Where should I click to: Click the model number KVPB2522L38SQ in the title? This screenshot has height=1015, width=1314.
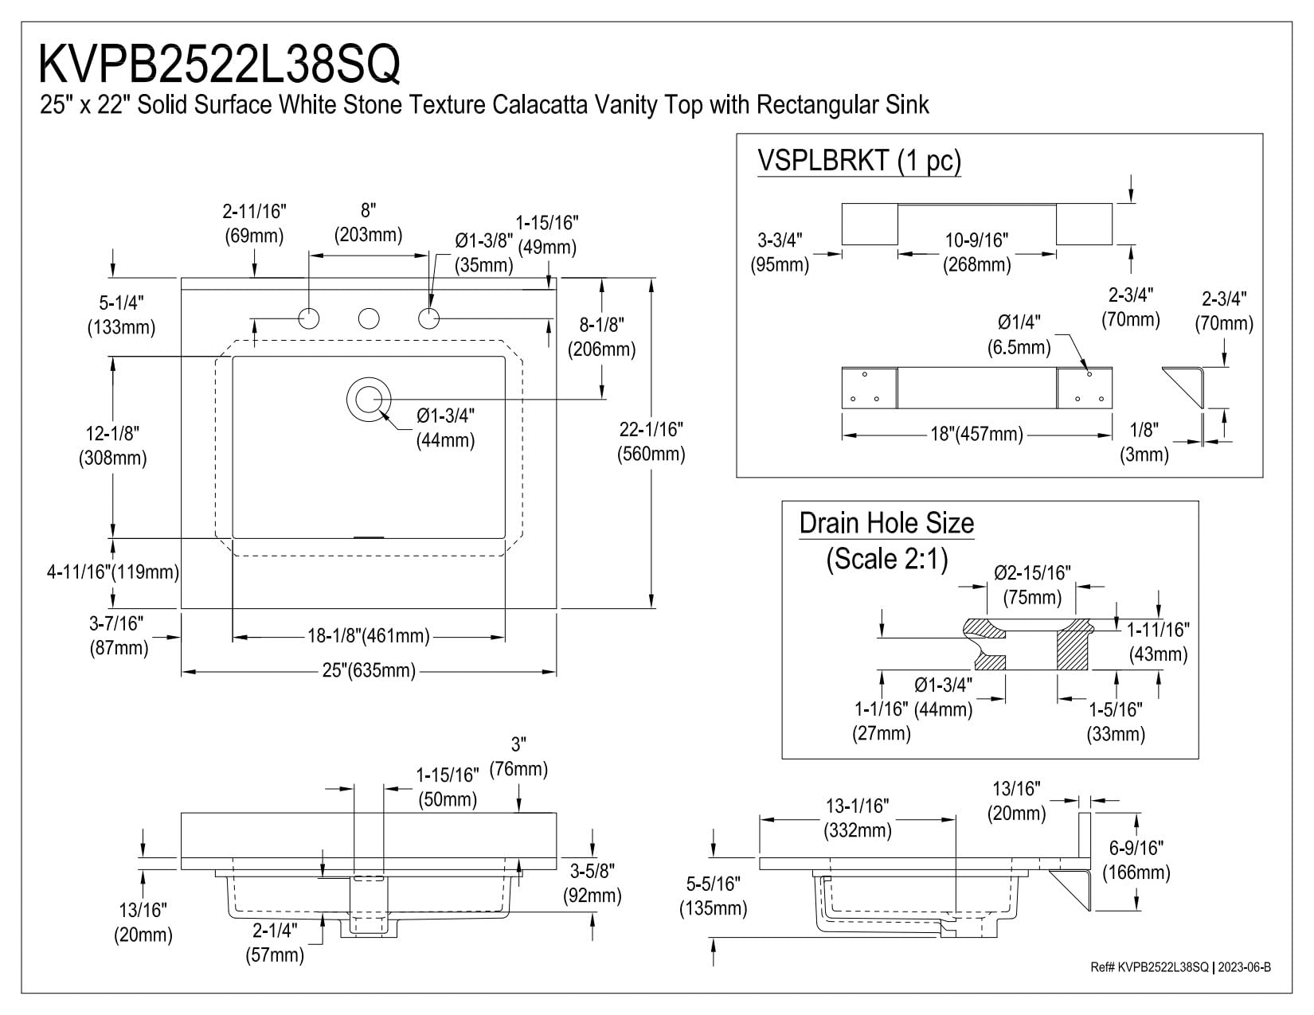(x=220, y=64)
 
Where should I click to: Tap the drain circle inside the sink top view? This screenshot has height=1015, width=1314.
(x=368, y=397)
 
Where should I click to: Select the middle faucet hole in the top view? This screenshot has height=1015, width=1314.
(x=368, y=318)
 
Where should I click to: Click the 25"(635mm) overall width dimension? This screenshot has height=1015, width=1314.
(x=369, y=671)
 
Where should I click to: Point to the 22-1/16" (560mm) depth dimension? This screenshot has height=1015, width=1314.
(x=651, y=441)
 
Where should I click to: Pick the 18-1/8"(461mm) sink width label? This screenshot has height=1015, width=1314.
(x=369, y=636)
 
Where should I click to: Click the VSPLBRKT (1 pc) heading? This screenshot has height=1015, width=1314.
(x=859, y=161)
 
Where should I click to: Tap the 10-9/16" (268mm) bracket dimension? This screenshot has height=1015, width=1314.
(x=977, y=252)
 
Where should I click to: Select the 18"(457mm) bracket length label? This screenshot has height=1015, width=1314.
(x=977, y=434)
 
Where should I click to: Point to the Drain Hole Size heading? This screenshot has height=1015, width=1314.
(x=886, y=523)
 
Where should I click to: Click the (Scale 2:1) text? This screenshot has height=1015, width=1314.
(x=886, y=559)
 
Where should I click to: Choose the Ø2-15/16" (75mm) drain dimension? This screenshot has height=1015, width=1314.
(x=1032, y=584)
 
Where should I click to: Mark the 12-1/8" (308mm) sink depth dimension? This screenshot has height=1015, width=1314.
(x=112, y=445)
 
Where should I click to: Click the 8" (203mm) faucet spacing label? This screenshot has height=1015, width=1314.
(x=368, y=222)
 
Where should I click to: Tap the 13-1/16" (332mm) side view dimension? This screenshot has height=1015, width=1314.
(x=857, y=818)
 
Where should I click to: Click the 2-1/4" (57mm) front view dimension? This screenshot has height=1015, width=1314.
(x=275, y=942)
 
